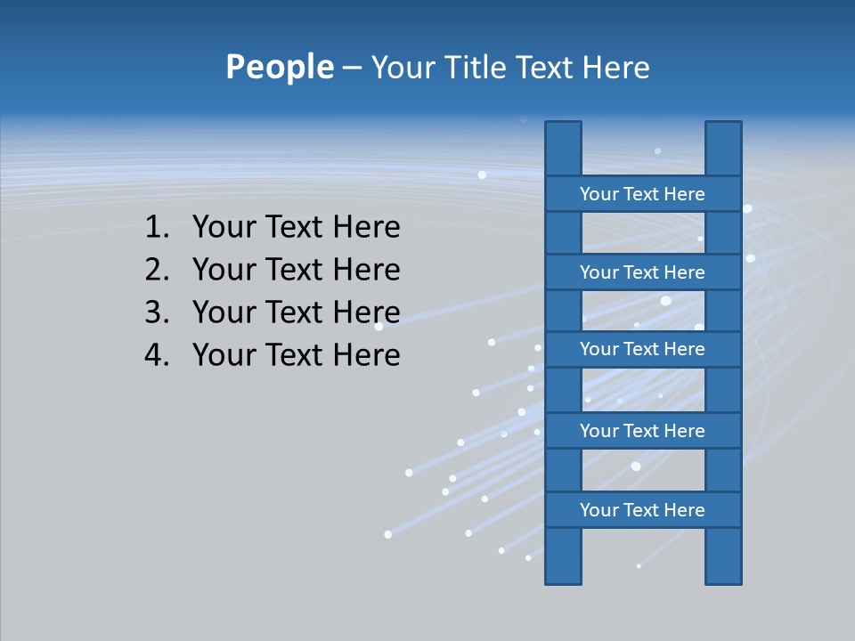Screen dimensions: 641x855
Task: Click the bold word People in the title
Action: [279, 67]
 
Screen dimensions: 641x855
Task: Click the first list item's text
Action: [296, 228]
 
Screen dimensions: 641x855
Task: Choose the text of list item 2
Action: [296, 270]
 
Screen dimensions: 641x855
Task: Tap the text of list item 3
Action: [296, 312]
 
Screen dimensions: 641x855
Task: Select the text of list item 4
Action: [296, 355]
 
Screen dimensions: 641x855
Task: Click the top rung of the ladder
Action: [642, 194]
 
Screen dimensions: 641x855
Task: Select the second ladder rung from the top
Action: [642, 272]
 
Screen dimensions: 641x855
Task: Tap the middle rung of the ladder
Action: [642, 349]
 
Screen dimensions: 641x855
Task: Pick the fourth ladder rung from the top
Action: [642, 431]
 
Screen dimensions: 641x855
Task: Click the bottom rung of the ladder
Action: [642, 510]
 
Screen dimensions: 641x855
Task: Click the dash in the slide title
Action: [351, 69]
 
